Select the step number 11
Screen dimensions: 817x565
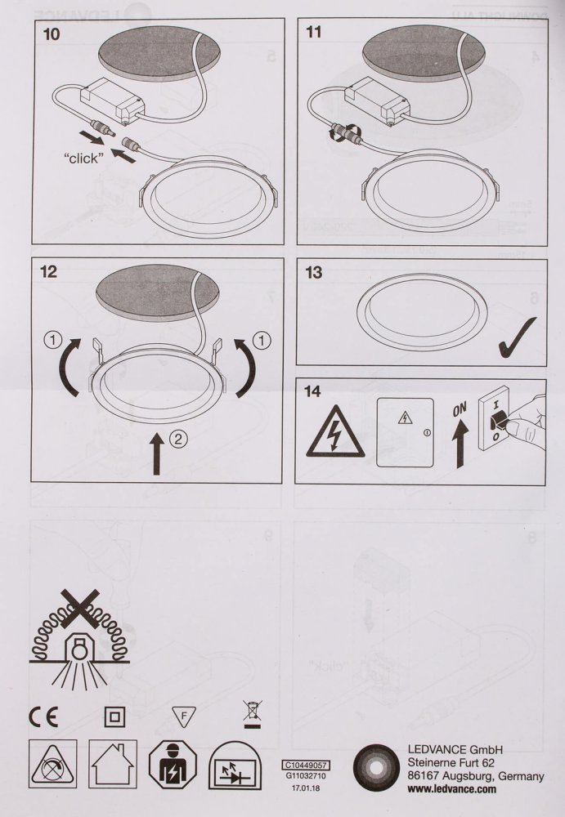(x=314, y=33)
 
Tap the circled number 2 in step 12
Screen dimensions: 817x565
(x=179, y=438)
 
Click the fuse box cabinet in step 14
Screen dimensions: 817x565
(x=404, y=432)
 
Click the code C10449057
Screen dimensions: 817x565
(x=304, y=766)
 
